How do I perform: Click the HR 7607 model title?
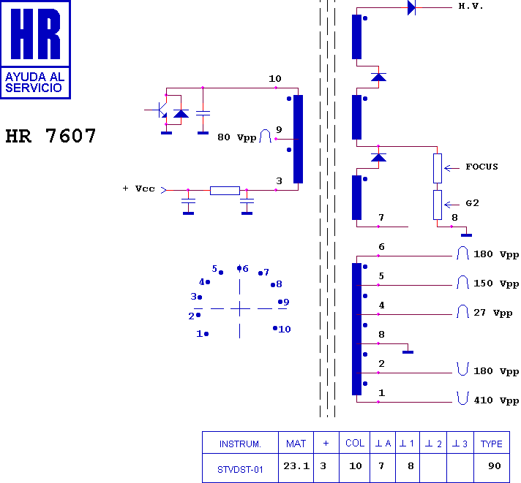[50, 136]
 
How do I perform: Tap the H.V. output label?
[471, 6]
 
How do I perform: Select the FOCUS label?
[481, 167]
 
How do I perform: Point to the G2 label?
[472, 203]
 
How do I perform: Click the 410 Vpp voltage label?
[496, 400]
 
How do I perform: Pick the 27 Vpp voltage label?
[493, 313]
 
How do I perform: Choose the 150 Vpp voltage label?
[496, 284]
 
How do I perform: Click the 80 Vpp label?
[237, 137]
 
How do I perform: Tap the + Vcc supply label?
[138, 189]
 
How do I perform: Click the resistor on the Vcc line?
[225, 191]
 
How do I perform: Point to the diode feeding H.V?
[412, 7]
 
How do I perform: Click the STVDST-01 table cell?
[240, 469]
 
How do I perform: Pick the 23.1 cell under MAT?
[296, 465]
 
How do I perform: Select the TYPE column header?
[492, 444]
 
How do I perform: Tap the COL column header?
[355, 444]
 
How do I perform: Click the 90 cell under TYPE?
[495, 465]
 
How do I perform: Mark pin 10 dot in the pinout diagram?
[275, 328]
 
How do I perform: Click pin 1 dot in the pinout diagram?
[206, 334]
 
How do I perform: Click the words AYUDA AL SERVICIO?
[34, 83]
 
